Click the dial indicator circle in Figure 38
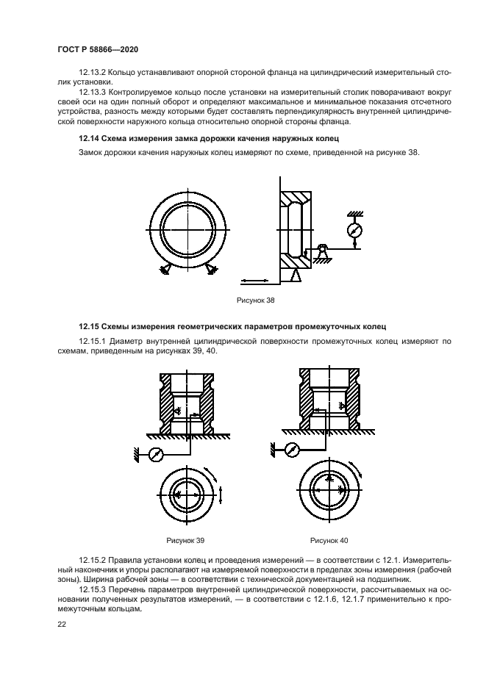tap(355, 231)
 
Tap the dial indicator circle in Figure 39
tap(155, 455)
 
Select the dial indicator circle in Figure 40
tap(291, 449)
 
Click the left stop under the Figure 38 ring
tap(162, 270)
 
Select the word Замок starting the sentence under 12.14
tap(92, 153)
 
